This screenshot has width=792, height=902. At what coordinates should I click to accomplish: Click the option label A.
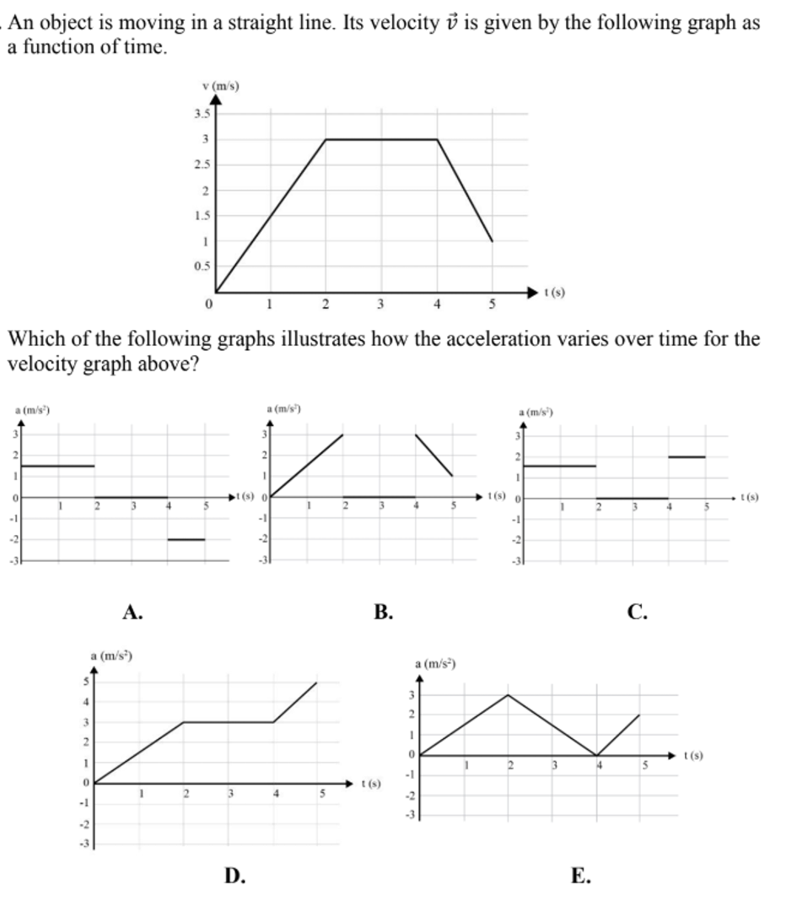click(131, 613)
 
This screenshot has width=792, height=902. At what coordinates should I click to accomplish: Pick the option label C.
click(637, 613)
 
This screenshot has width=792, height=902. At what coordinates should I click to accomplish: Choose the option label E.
click(580, 877)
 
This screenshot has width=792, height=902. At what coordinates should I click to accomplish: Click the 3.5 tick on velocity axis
click(201, 113)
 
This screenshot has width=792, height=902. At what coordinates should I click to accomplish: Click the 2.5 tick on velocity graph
click(201, 165)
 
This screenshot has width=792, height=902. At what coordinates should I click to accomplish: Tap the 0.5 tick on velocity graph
click(201, 267)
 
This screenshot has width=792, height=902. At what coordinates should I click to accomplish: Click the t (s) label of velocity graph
click(554, 293)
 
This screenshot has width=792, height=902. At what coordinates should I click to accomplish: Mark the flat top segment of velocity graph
click(381, 139)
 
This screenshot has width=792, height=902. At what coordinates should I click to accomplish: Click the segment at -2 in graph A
click(186, 539)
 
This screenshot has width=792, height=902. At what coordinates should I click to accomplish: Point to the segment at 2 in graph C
click(687, 456)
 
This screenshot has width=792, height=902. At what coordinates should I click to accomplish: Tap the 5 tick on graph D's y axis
click(84, 682)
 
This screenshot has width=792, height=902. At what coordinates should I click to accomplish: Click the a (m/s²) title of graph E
click(435, 665)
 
